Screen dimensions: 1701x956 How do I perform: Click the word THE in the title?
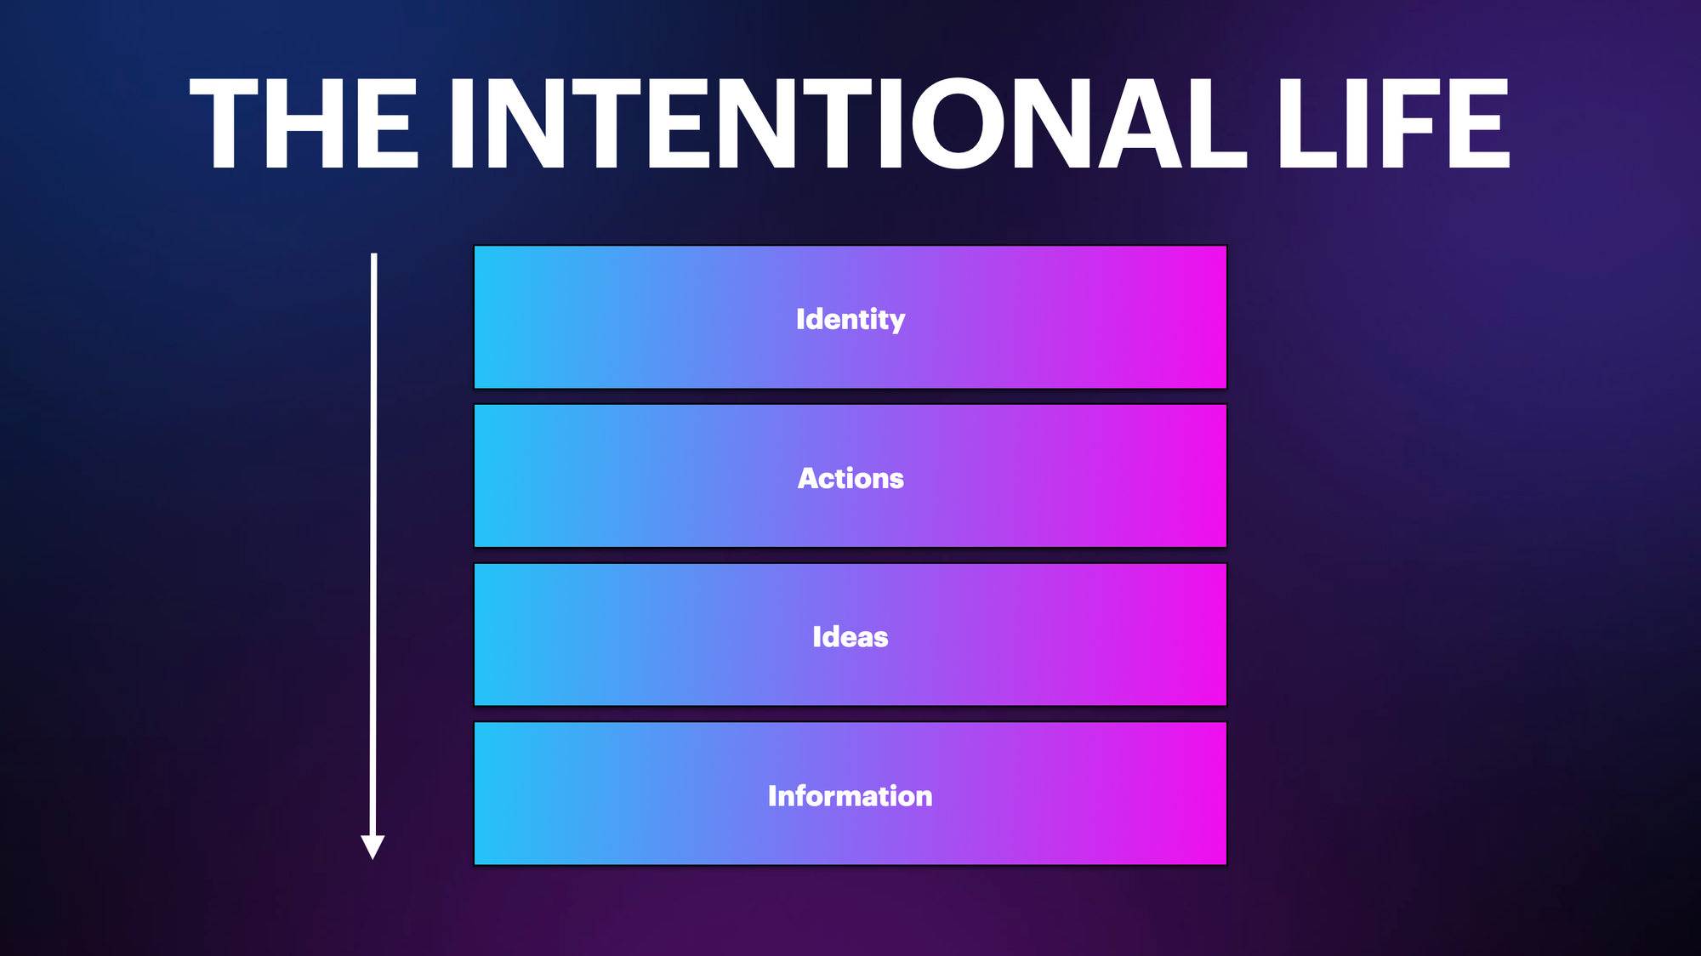304,123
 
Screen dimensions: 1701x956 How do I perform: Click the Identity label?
850,319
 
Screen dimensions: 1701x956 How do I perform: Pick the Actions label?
850,478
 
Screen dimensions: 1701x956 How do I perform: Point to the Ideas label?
850,637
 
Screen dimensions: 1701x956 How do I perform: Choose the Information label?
850,796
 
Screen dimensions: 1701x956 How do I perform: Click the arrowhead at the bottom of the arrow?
373,847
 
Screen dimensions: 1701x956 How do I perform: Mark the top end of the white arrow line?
373,254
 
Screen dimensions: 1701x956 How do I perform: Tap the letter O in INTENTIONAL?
959,123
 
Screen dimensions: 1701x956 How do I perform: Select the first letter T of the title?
225,123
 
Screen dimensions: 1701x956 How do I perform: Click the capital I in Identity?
800,319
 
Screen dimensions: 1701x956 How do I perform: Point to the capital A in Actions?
809,478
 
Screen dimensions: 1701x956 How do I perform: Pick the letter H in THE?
305,123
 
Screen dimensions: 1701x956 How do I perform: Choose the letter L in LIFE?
1307,123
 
